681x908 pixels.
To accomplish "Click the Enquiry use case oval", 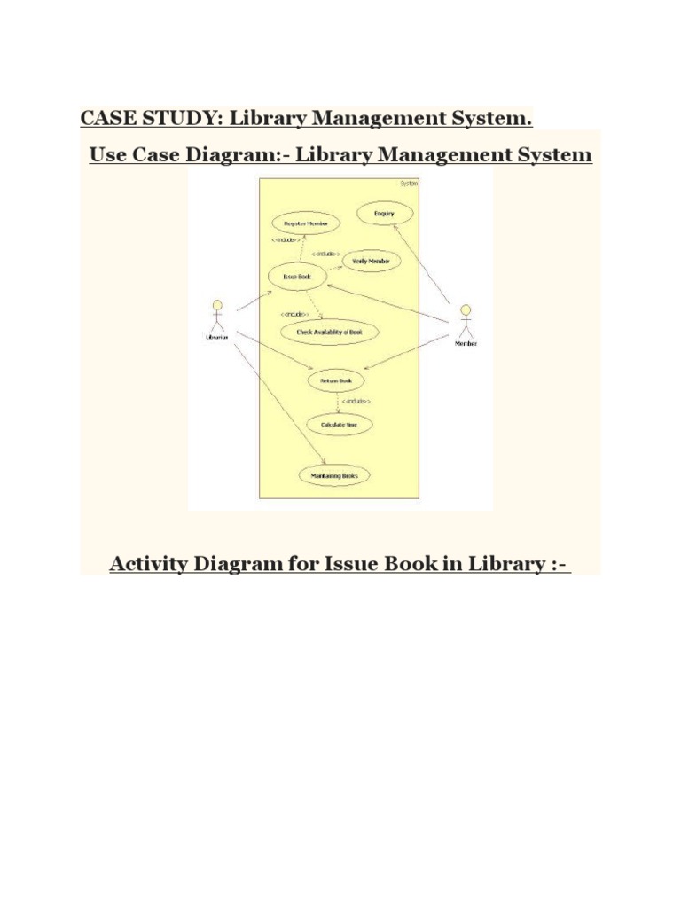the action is pyautogui.click(x=384, y=214).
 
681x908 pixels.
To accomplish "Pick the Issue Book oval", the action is pyautogui.click(x=297, y=278).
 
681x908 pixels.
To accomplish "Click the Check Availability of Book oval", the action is pyautogui.click(x=329, y=332).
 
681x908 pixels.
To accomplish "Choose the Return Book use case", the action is pyautogui.click(x=335, y=380).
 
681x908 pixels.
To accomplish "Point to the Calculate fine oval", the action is pyautogui.click(x=340, y=425).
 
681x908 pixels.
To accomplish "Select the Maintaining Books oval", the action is pyautogui.click(x=334, y=476).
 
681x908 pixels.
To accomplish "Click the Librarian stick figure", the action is pyautogui.click(x=217, y=317).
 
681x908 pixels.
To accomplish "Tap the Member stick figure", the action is pyautogui.click(x=466, y=321).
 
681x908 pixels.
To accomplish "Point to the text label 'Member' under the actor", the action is pyautogui.click(x=466, y=343).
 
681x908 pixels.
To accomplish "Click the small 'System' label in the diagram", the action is pyautogui.click(x=409, y=184).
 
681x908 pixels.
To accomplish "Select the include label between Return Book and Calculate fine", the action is pyautogui.click(x=356, y=402).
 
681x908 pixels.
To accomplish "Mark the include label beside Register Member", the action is pyautogui.click(x=286, y=239).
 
